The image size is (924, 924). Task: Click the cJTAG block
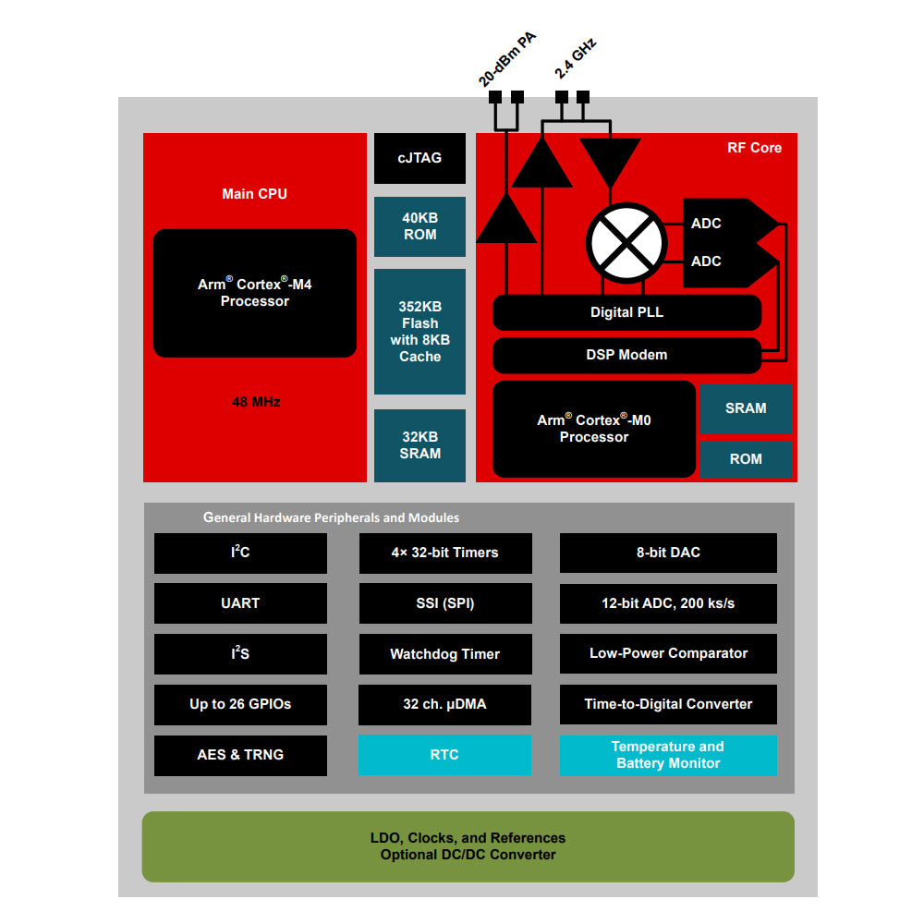pyautogui.click(x=419, y=158)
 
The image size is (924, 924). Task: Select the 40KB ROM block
pyautogui.click(x=419, y=226)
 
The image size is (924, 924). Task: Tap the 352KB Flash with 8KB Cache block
pyautogui.click(x=419, y=332)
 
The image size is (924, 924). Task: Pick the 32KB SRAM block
pyautogui.click(x=419, y=445)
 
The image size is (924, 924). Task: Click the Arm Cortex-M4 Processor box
pyautogui.click(x=254, y=293)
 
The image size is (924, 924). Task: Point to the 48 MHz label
pyautogui.click(x=256, y=402)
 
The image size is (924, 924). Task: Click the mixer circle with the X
pyautogui.click(x=626, y=242)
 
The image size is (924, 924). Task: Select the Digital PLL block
pyautogui.click(x=626, y=312)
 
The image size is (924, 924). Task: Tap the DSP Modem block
pyautogui.click(x=626, y=355)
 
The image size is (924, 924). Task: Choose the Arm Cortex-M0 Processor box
pyautogui.click(x=594, y=429)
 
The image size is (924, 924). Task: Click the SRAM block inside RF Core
pyautogui.click(x=746, y=408)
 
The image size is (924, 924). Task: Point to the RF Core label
pyautogui.click(x=754, y=148)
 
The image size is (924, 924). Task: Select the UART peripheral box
pyautogui.click(x=240, y=603)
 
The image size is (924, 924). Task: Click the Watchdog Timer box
pyautogui.click(x=444, y=654)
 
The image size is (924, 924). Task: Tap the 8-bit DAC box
pyautogui.click(x=668, y=553)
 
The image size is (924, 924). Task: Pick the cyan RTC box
pyautogui.click(x=444, y=755)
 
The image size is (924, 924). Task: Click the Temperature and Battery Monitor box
pyautogui.click(x=668, y=755)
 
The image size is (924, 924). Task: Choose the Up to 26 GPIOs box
pyautogui.click(x=240, y=704)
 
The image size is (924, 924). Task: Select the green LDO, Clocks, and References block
pyautogui.click(x=468, y=846)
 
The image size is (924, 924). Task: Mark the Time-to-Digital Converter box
pyautogui.click(x=668, y=704)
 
